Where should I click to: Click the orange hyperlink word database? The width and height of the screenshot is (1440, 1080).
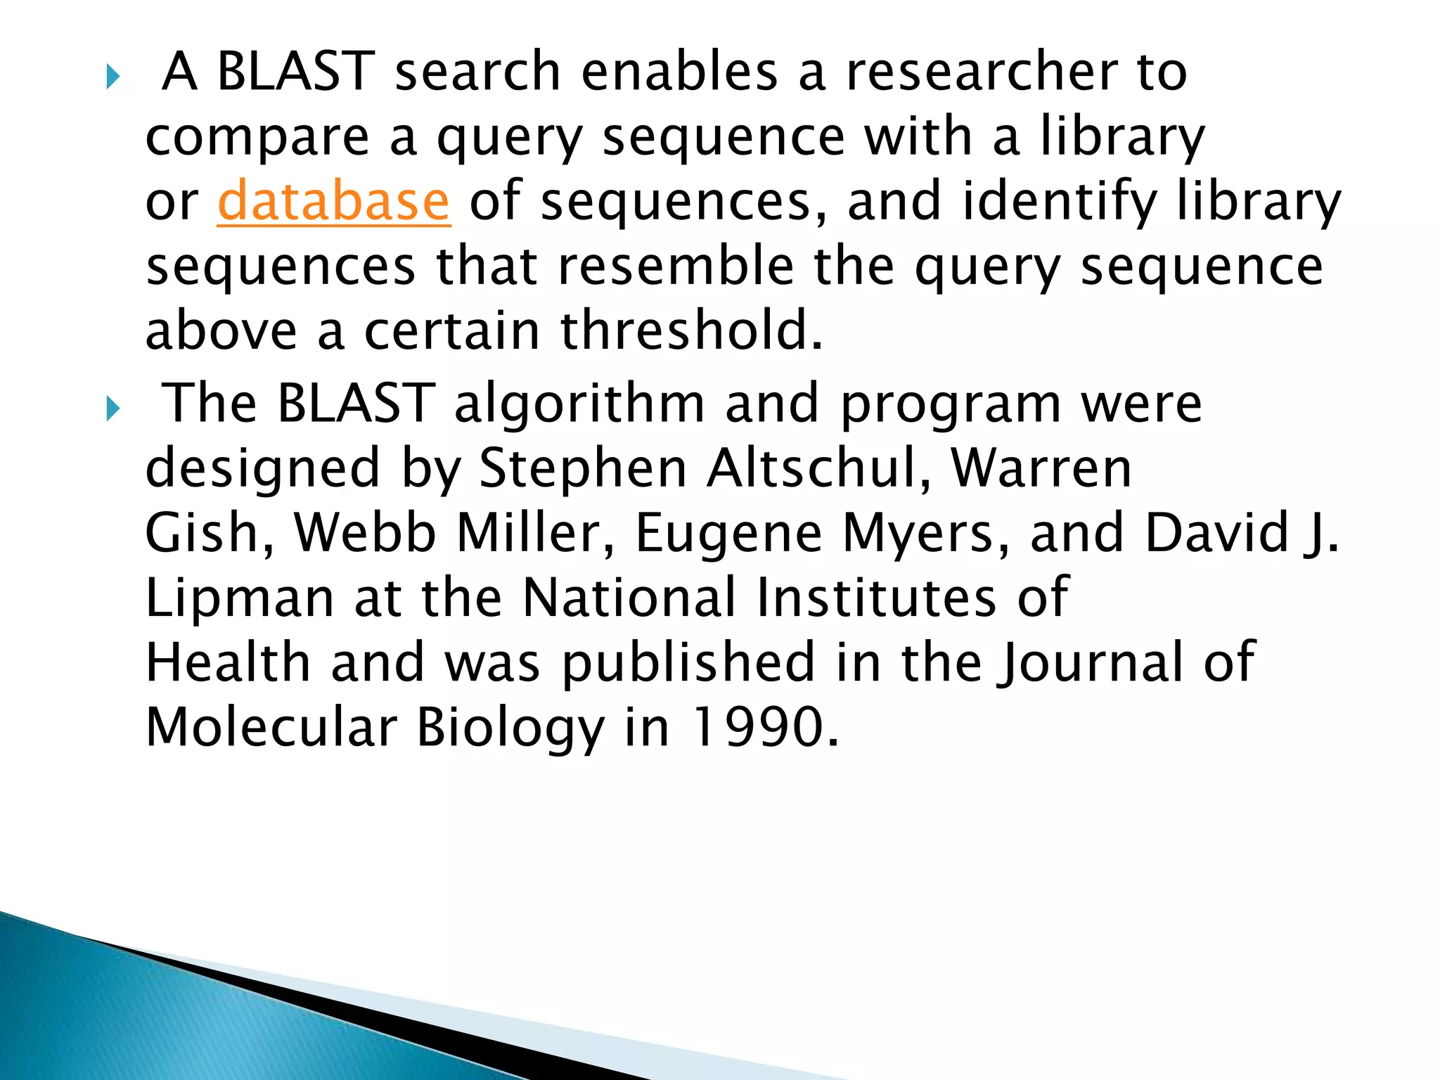pos(333,202)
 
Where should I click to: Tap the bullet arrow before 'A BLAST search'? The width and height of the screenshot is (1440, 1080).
pos(112,77)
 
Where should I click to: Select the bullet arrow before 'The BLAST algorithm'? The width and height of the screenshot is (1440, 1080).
pos(112,409)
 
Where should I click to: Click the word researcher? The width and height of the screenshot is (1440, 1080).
pos(982,72)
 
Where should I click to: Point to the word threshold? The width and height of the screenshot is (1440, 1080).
pos(692,331)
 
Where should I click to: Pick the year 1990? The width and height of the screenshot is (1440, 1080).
pos(766,728)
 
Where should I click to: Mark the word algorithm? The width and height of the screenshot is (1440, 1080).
pos(579,405)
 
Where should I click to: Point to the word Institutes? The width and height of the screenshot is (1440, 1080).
pos(875,598)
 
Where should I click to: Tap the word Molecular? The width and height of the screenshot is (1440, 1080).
pos(271,728)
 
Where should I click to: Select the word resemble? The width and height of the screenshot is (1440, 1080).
pos(676,266)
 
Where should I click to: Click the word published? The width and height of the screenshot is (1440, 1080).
pos(688,663)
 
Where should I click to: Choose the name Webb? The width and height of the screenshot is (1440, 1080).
pos(365,533)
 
